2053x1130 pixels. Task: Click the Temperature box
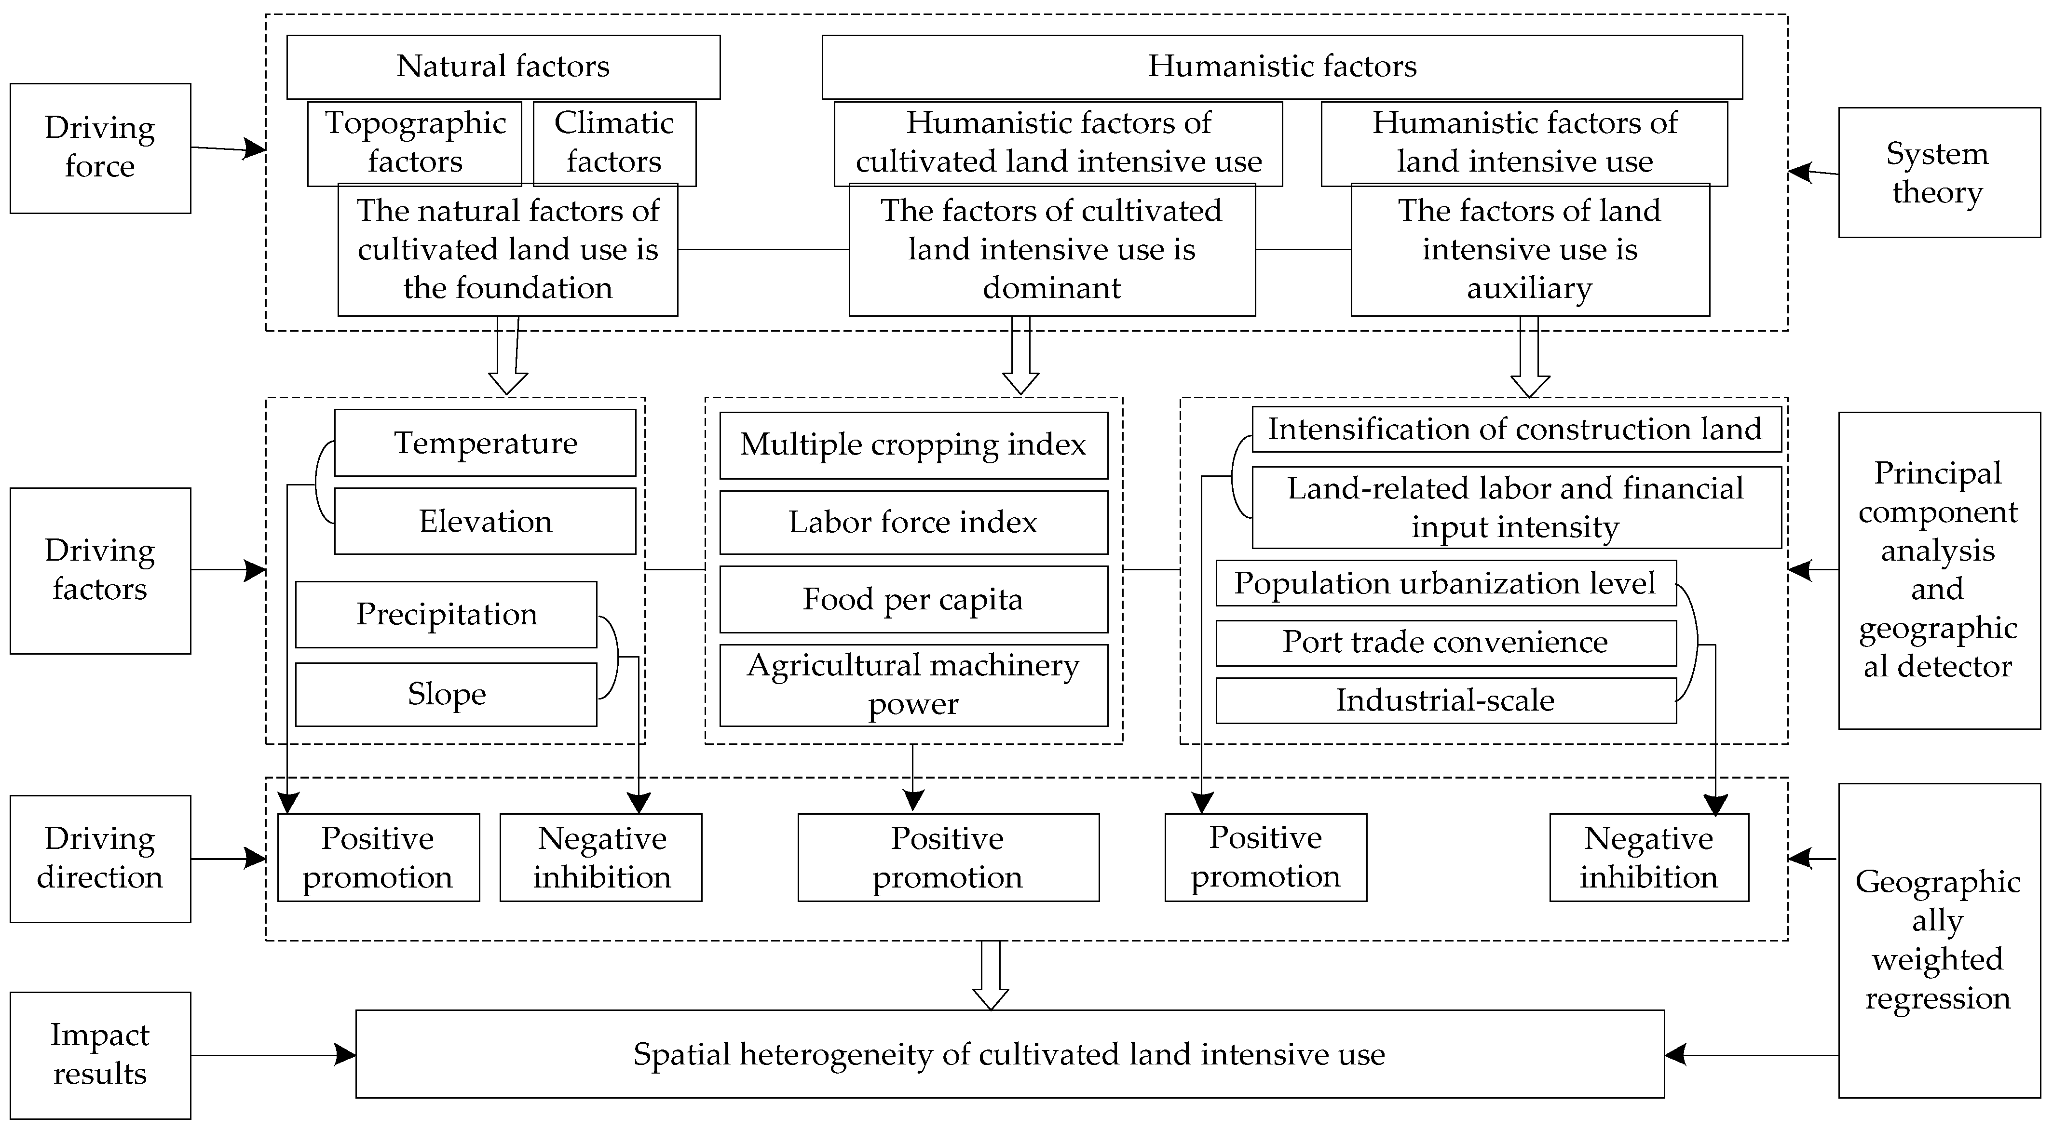[x=485, y=443]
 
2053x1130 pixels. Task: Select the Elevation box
[x=485, y=521]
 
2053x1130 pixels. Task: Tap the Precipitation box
[x=446, y=614]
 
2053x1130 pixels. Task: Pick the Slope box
[x=446, y=694]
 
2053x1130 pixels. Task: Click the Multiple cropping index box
[x=913, y=444]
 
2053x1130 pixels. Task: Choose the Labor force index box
[x=913, y=522]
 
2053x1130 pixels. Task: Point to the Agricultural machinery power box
[x=913, y=685]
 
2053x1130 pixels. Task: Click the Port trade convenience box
[x=1445, y=642]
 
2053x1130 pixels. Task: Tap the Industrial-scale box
[x=1445, y=700]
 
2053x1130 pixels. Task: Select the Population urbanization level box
[x=1445, y=583]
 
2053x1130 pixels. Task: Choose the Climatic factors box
[x=613, y=144]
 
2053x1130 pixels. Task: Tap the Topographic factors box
[x=414, y=144]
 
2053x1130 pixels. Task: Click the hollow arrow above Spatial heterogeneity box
[x=991, y=976]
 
